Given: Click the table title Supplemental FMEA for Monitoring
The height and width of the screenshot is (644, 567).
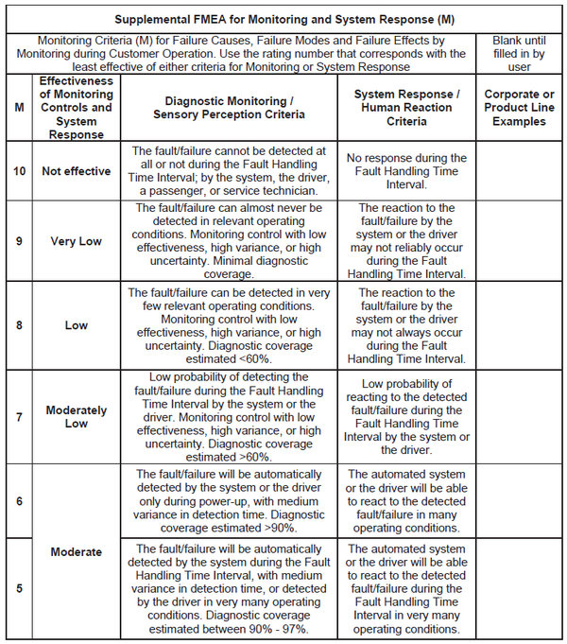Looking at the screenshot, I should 283,19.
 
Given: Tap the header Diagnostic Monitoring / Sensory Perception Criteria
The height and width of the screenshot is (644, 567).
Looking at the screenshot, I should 235,107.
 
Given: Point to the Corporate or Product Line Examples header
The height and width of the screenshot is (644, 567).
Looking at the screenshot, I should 519,107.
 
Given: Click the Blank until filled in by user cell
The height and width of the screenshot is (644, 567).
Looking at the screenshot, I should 519,54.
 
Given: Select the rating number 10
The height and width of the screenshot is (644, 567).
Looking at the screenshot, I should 20,171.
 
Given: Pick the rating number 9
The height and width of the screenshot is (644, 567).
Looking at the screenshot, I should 20,240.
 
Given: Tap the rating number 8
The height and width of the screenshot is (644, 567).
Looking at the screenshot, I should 20,324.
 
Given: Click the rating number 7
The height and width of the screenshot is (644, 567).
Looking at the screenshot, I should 20,417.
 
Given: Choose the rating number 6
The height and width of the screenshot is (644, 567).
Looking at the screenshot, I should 20,501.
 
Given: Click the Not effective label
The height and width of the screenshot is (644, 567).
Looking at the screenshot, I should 77,171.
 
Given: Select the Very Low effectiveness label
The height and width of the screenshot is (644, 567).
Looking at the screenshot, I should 77,240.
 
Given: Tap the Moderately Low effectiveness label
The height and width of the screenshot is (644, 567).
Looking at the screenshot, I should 77,417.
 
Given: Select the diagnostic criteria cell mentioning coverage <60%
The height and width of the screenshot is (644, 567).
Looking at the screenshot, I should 235,324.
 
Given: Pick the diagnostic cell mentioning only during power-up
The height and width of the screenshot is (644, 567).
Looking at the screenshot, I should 235,501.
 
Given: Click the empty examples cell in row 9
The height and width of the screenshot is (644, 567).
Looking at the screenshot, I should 519,240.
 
